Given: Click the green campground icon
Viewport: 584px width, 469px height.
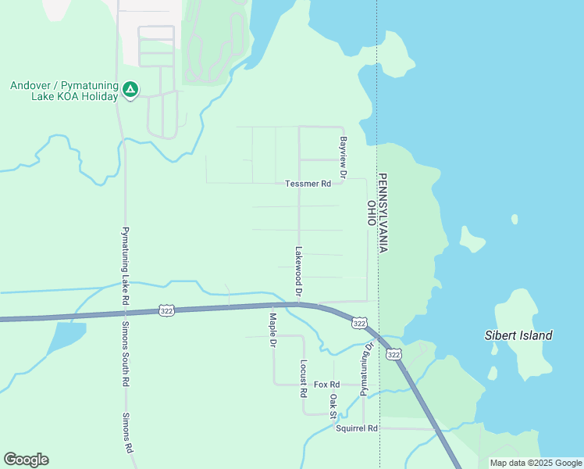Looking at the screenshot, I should pos(130,91).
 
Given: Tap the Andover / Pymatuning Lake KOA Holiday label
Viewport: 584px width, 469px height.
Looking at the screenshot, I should pos(64,91).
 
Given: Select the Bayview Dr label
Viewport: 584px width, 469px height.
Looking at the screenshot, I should pos(342,156).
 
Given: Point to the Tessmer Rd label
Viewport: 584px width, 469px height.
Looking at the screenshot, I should pos(308,184).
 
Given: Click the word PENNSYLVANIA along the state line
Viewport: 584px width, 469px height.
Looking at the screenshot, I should pos(383,212).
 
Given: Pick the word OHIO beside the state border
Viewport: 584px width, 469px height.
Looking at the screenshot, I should pos(371,213).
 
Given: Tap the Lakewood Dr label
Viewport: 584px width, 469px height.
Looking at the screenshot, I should pos(298,271).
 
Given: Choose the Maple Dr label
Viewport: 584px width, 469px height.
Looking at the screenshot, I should pos(272,330).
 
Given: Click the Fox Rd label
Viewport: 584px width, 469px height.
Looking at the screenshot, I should pos(327,385).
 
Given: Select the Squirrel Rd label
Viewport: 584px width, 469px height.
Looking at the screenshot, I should pos(357,428).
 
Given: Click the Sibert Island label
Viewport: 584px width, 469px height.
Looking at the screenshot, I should pos(518,336).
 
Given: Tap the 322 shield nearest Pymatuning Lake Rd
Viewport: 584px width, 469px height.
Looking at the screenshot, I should pos(165,310).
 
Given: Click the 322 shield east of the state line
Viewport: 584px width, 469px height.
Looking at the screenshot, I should pos(394,355).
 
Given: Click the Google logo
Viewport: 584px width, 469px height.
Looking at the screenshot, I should pos(26,460).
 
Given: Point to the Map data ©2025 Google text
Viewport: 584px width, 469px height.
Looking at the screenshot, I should pos(536,463).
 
